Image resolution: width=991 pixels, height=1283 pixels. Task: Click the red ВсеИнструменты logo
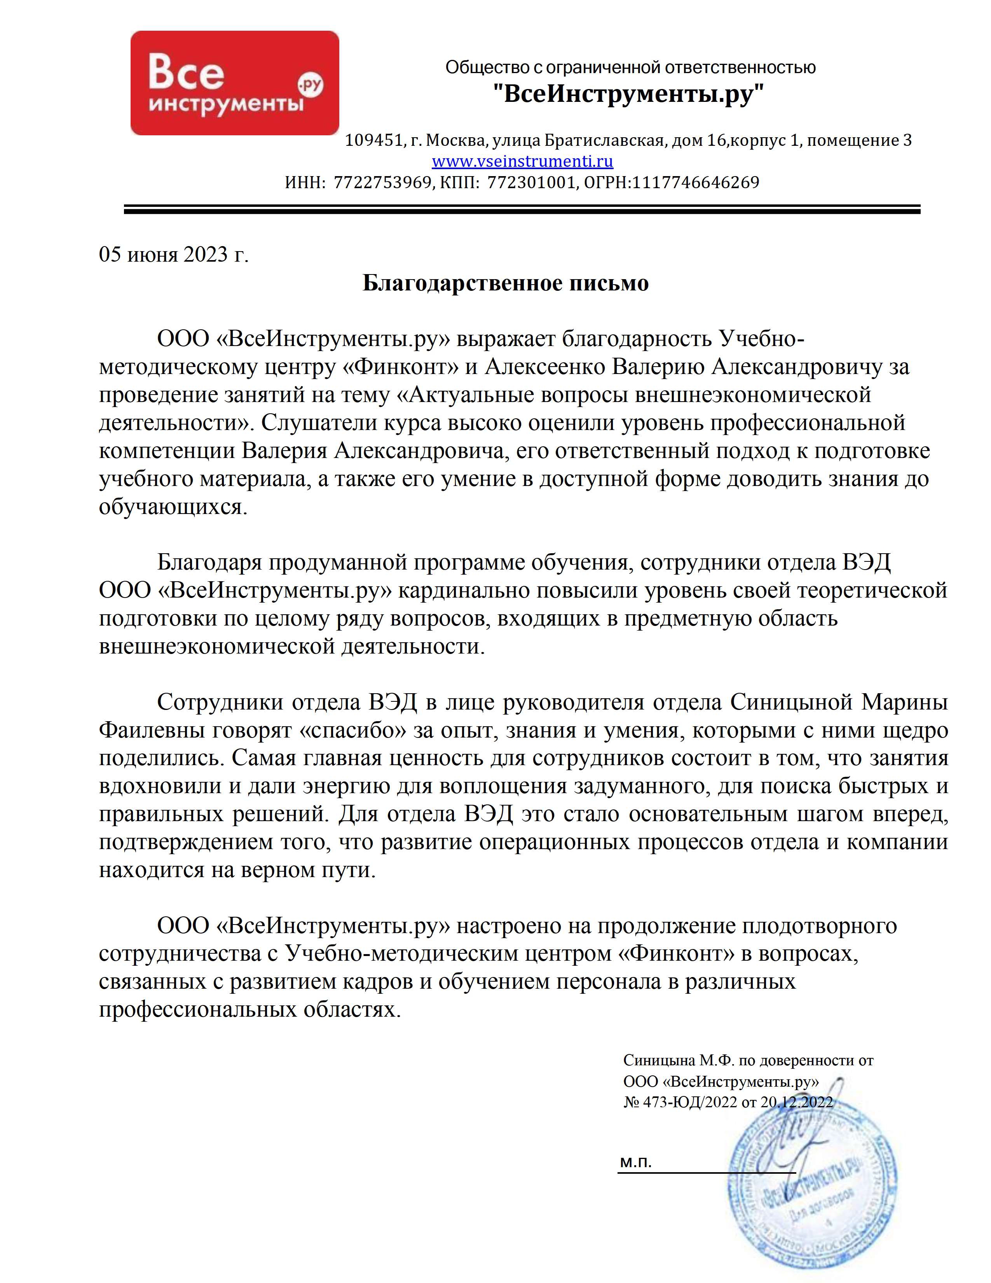point(234,83)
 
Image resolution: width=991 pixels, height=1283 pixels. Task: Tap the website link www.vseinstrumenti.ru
point(522,161)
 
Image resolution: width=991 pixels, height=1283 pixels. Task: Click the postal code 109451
point(373,140)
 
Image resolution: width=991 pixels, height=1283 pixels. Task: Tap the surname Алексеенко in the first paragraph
point(545,367)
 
